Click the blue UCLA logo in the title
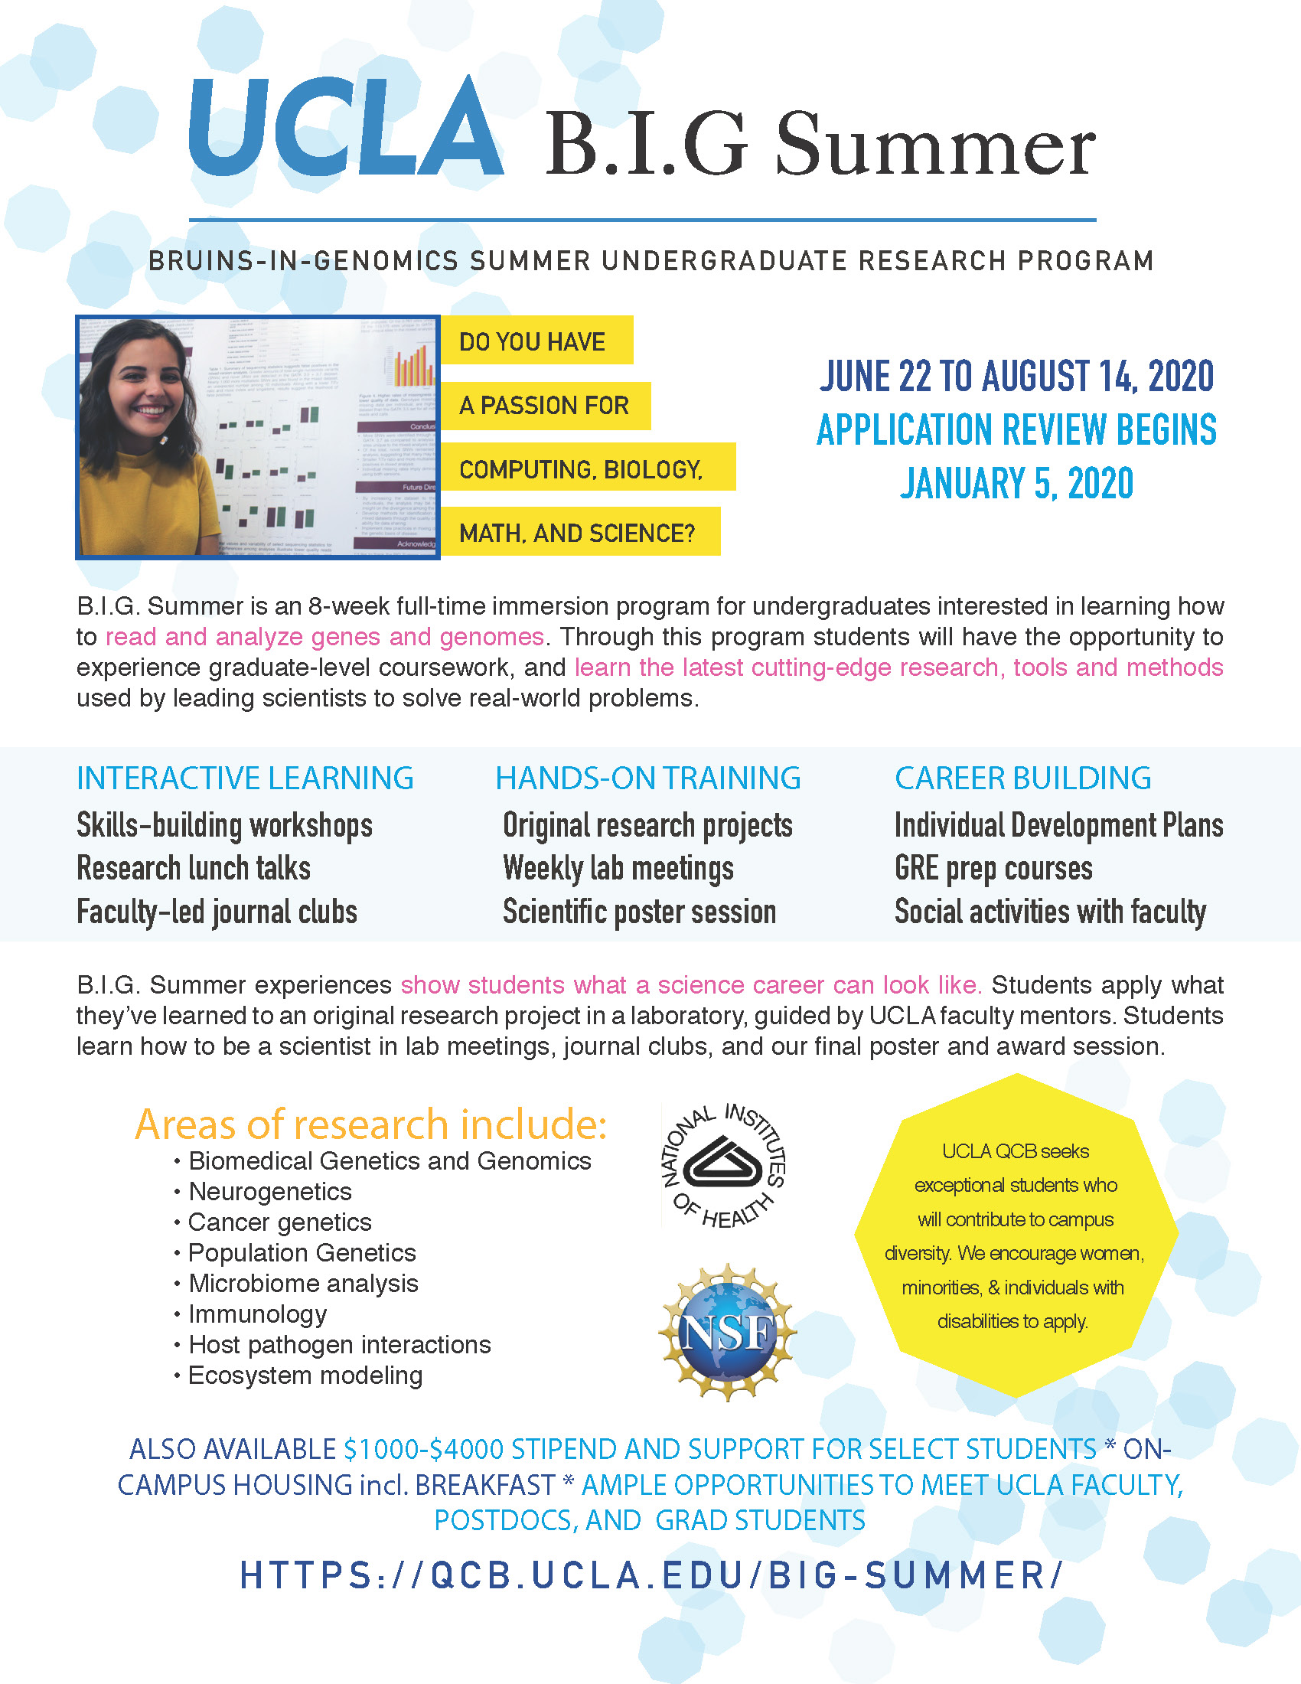[347, 127]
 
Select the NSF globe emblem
[728, 1332]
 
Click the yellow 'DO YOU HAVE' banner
[536, 341]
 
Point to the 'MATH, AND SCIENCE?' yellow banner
[579, 532]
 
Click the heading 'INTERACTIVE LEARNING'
[245, 778]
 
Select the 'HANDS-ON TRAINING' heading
[647, 778]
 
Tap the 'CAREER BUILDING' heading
[1022, 778]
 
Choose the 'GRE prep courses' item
[993, 868]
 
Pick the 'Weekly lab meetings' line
[618, 868]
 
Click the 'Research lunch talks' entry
[194, 868]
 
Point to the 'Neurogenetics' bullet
[269, 1191]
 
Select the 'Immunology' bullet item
[257, 1313]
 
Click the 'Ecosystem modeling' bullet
[305, 1375]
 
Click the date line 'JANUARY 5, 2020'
[1016, 485]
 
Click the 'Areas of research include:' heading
[370, 1124]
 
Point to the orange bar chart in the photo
[412, 366]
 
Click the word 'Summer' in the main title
[934, 144]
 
